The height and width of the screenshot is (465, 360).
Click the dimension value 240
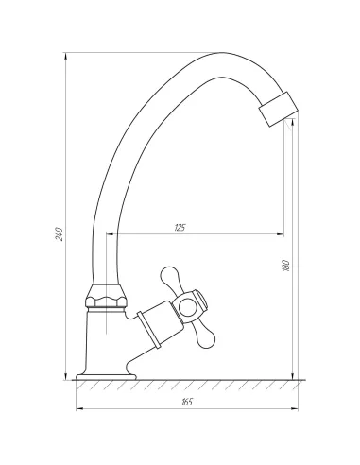(59, 232)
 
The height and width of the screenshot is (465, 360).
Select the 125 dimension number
(180, 228)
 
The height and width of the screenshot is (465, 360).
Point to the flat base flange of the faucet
(106, 376)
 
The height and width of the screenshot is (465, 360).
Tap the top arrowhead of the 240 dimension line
(66, 53)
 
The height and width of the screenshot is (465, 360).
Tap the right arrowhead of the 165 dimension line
(300, 409)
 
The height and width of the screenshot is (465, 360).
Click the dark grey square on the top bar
(223, 47)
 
